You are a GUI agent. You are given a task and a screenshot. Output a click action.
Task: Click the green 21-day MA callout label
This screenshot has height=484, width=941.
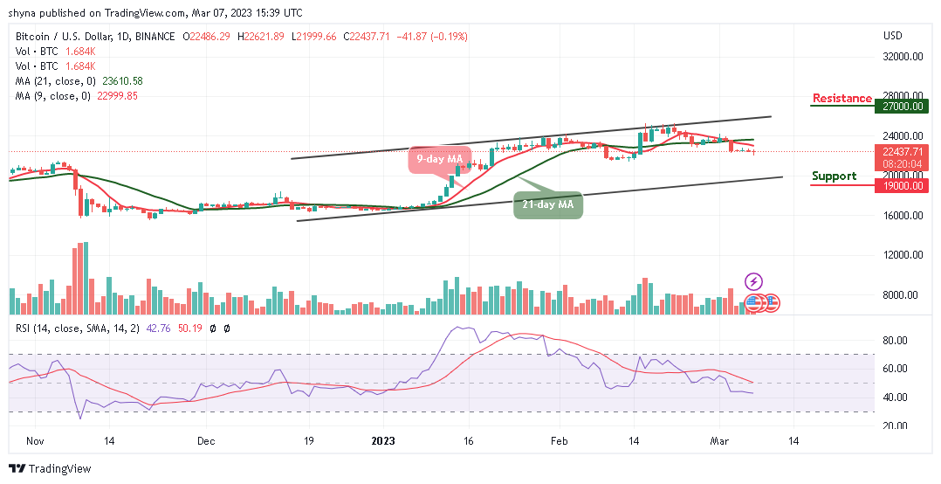[547, 204]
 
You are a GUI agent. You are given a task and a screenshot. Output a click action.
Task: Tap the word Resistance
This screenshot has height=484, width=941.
[841, 99]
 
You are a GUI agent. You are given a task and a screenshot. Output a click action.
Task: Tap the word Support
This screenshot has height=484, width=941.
[834, 176]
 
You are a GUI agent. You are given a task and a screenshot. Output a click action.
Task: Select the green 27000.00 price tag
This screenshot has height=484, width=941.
[900, 105]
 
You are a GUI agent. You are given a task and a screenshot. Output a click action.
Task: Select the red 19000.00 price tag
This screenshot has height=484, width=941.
[900, 185]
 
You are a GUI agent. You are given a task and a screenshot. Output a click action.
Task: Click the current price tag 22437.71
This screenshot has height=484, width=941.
[900, 150]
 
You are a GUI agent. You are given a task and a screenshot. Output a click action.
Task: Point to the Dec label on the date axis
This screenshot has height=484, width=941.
[207, 442]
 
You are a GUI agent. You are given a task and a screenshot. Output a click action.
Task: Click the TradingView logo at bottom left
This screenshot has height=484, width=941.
[50, 469]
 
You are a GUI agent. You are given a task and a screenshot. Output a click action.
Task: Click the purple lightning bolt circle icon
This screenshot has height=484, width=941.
[753, 281]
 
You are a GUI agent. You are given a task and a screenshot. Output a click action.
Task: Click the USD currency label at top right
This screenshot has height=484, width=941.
[892, 36]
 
